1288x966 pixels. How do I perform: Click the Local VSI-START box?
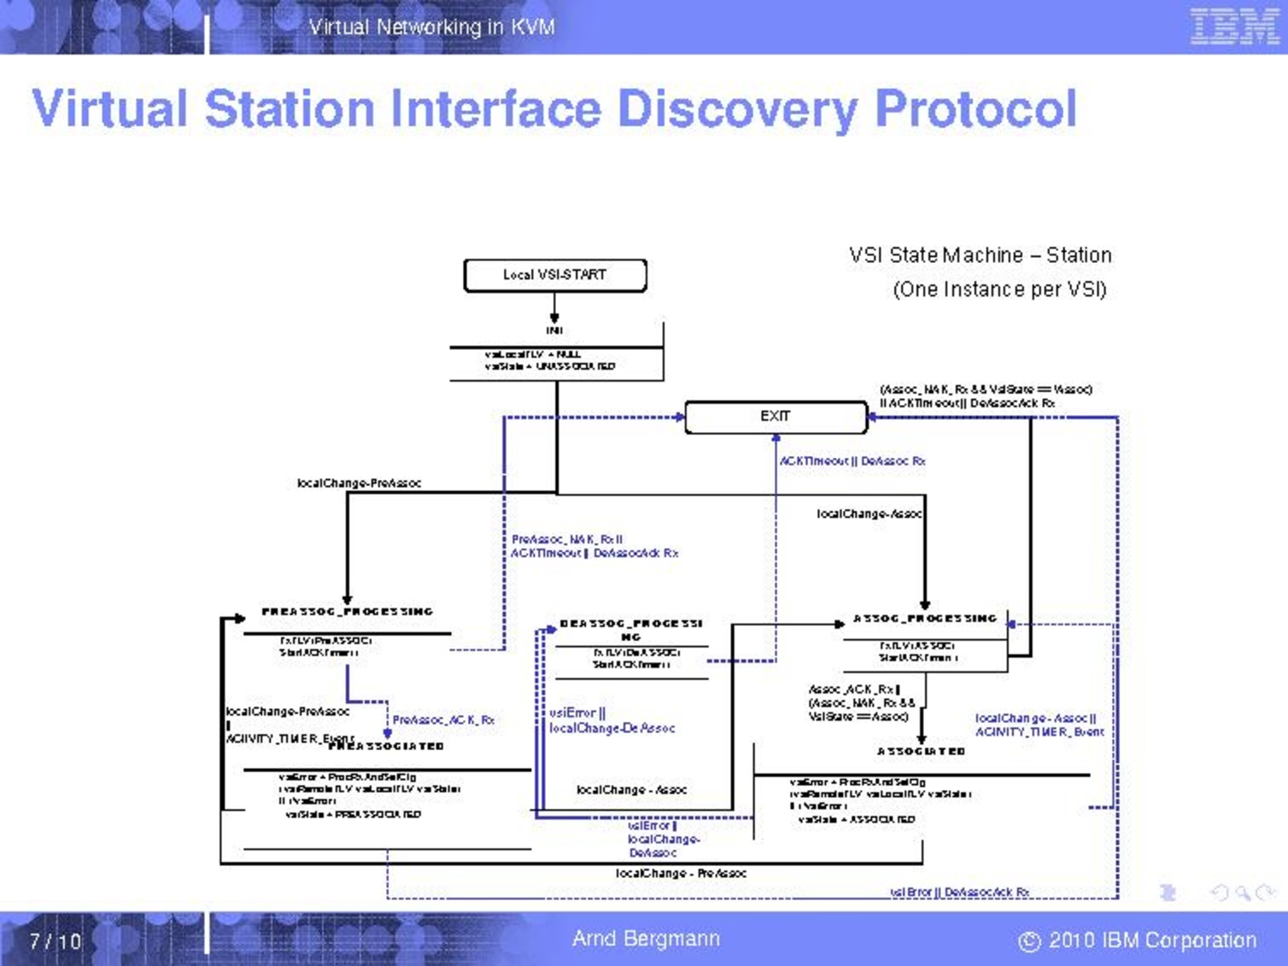(555, 275)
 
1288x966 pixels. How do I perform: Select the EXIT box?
(776, 417)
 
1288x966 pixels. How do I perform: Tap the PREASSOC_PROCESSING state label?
(348, 612)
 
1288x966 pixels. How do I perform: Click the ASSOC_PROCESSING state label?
(925, 618)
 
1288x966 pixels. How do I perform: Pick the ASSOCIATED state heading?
(922, 752)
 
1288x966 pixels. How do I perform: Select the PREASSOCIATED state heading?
(387, 746)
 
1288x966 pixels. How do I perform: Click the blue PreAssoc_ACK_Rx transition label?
(443, 720)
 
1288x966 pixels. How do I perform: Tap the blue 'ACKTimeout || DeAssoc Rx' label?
(852, 461)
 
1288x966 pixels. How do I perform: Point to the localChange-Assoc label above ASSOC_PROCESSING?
(869, 514)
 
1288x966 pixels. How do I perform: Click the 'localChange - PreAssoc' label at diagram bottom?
(681, 874)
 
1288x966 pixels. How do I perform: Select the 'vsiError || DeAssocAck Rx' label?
(960, 892)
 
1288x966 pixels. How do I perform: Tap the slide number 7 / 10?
(56, 941)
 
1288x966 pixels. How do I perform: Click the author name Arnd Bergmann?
(646, 939)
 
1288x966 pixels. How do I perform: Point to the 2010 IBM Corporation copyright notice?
(1138, 940)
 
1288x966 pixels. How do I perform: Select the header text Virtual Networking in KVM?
(431, 27)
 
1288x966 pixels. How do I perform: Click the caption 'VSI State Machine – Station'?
(981, 255)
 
